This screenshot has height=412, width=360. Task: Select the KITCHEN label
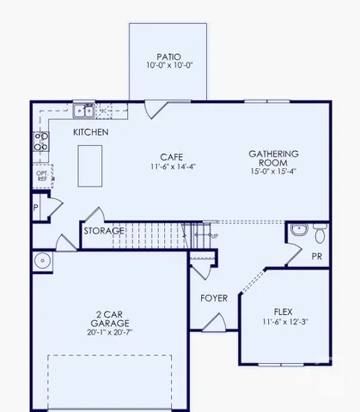(89, 132)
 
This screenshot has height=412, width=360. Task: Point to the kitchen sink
(83, 110)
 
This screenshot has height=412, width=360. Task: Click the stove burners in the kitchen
(40, 141)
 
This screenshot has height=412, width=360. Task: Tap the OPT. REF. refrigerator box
(40, 176)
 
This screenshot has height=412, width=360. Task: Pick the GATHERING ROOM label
(273, 157)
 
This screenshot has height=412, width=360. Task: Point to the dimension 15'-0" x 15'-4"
(273, 171)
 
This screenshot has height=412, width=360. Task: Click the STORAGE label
(103, 231)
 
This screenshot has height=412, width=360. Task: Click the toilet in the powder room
(319, 233)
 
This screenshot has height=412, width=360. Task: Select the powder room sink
(297, 230)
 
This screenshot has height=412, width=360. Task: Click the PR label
(316, 256)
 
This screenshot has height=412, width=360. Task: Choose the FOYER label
(213, 298)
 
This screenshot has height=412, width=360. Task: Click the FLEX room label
(284, 312)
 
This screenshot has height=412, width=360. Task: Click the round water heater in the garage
(41, 261)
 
